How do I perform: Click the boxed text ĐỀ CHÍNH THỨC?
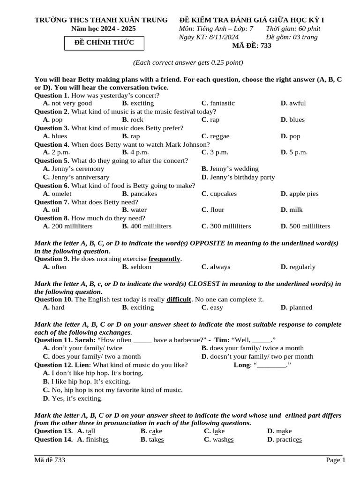tap(105, 43)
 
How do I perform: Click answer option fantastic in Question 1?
tap(222, 103)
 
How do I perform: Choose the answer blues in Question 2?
tap(297, 120)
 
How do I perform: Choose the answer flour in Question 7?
tap(217, 210)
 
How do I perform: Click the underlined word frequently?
tap(165, 259)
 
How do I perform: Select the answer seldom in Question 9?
tap(141, 267)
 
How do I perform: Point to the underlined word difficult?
tap(179, 300)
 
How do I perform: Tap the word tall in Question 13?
tap(91, 431)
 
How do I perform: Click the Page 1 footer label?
tap(336, 460)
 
